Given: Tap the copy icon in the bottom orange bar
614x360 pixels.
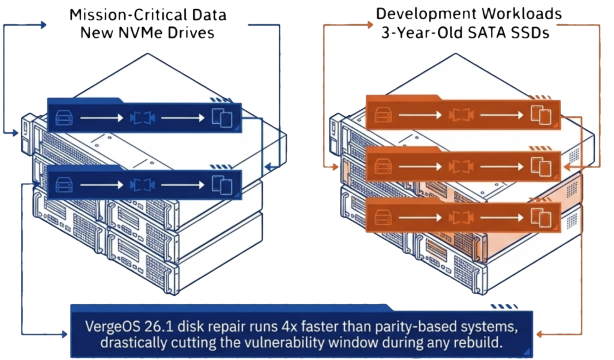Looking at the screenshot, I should [541, 217].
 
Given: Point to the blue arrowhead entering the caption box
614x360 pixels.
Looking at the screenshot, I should [64, 334].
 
